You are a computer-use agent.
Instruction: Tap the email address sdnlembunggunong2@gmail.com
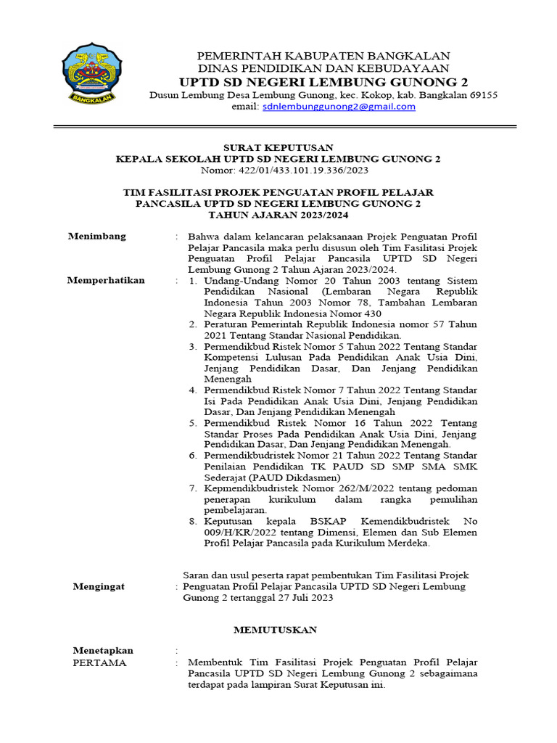(x=339, y=107)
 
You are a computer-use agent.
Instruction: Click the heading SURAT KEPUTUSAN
(x=278, y=147)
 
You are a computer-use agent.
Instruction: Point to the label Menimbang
(x=96, y=236)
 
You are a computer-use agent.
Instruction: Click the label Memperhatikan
(x=106, y=280)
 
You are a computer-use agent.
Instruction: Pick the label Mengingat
(x=99, y=586)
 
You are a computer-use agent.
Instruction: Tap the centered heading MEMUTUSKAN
(x=275, y=630)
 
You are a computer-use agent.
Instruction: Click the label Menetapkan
(x=103, y=650)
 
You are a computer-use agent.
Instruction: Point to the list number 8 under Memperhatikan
(x=192, y=521)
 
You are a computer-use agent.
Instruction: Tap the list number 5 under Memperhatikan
(x=192, y=422)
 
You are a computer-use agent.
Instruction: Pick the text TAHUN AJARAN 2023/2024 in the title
(x=278, y=215)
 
